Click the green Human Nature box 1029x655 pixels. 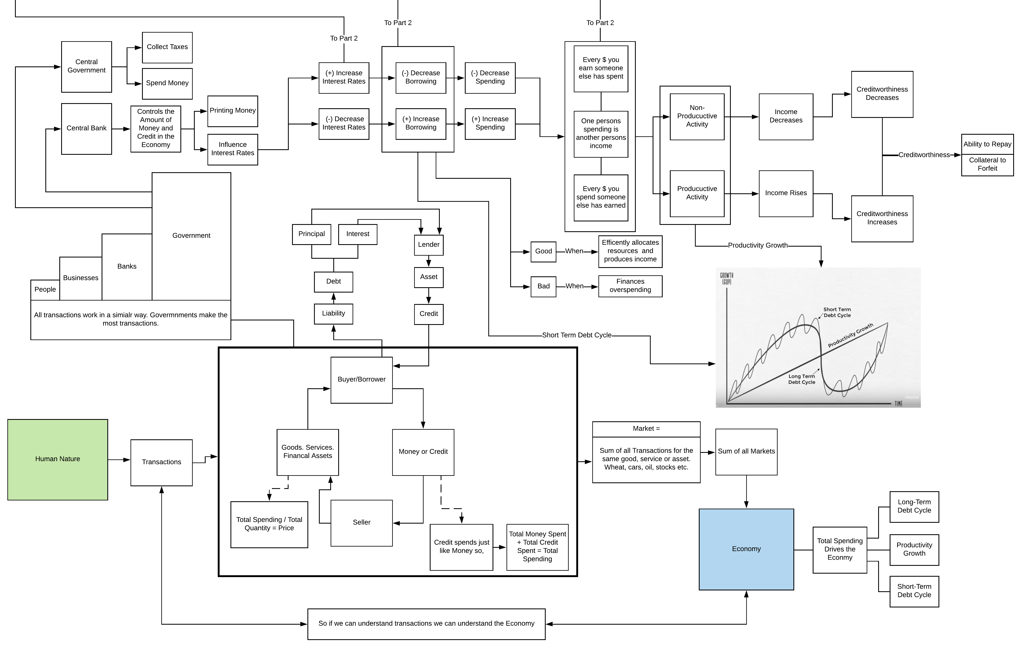coord(58,459)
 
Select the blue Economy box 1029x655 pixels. coord(746,549)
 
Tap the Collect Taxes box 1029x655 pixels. coord(167,47)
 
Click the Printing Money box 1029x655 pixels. coord(233,111)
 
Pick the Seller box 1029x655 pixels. coord(362,523)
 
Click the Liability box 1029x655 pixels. coord(333,314)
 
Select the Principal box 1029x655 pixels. coord(312,234)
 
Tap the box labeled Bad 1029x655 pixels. coord(544,287)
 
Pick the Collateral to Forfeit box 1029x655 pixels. coord(987,164)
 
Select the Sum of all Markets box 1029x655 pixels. coord(746,452)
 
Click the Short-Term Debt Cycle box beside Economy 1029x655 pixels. coord(914,591)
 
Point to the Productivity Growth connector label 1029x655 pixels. coord(758,246)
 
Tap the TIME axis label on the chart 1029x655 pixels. coord(899,403)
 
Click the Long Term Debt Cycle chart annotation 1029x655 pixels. coord(802,379)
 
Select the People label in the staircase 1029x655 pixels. coord(45,289)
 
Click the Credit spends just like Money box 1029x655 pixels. coord(462,547)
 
